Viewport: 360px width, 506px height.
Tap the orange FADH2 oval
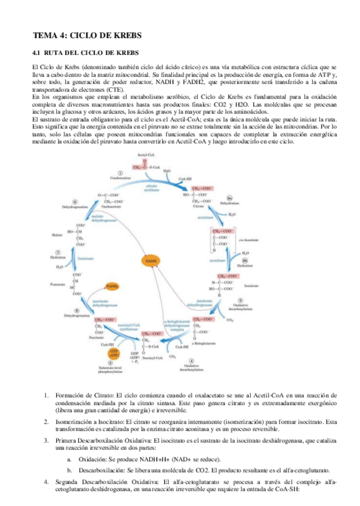[112, 287]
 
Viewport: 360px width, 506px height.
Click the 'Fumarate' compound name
[58, 285]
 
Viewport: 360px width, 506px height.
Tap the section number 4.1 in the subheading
[37, 52]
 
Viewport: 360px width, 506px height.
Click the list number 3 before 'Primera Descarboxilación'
[47, 440]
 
